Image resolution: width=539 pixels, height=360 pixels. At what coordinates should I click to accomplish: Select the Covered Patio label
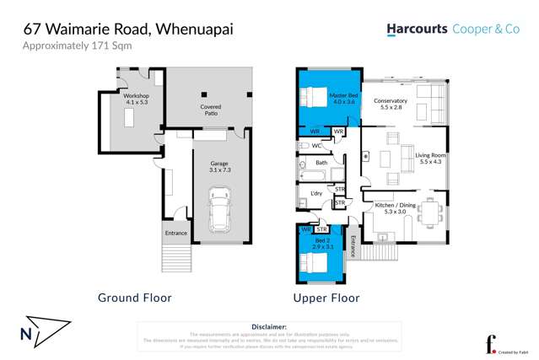point(211,111)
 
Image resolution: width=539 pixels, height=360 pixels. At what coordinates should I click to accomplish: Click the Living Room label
point(430,159)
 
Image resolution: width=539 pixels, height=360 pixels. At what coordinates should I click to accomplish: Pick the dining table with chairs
point(430,212)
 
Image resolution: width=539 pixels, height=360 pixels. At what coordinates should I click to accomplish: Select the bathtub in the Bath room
point(315,175)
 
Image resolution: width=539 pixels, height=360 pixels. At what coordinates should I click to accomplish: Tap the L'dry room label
point(316,195)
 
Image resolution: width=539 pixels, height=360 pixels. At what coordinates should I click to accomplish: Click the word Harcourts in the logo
point(416,30)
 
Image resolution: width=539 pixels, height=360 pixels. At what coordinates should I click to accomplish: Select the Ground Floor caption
point(135,298)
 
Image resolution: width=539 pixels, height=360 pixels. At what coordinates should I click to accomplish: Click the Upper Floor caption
point(326,298)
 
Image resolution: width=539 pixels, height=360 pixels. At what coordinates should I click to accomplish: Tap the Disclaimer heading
point(268,326)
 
